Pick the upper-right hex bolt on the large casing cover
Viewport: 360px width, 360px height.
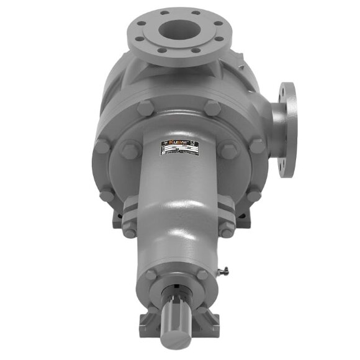pyautogui.click(x=212, y=107)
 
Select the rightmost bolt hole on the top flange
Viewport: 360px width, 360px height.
pyautogui.click(x=217, y=32)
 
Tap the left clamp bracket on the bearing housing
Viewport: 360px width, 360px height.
pyautogui.click(x=129, y=218)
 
